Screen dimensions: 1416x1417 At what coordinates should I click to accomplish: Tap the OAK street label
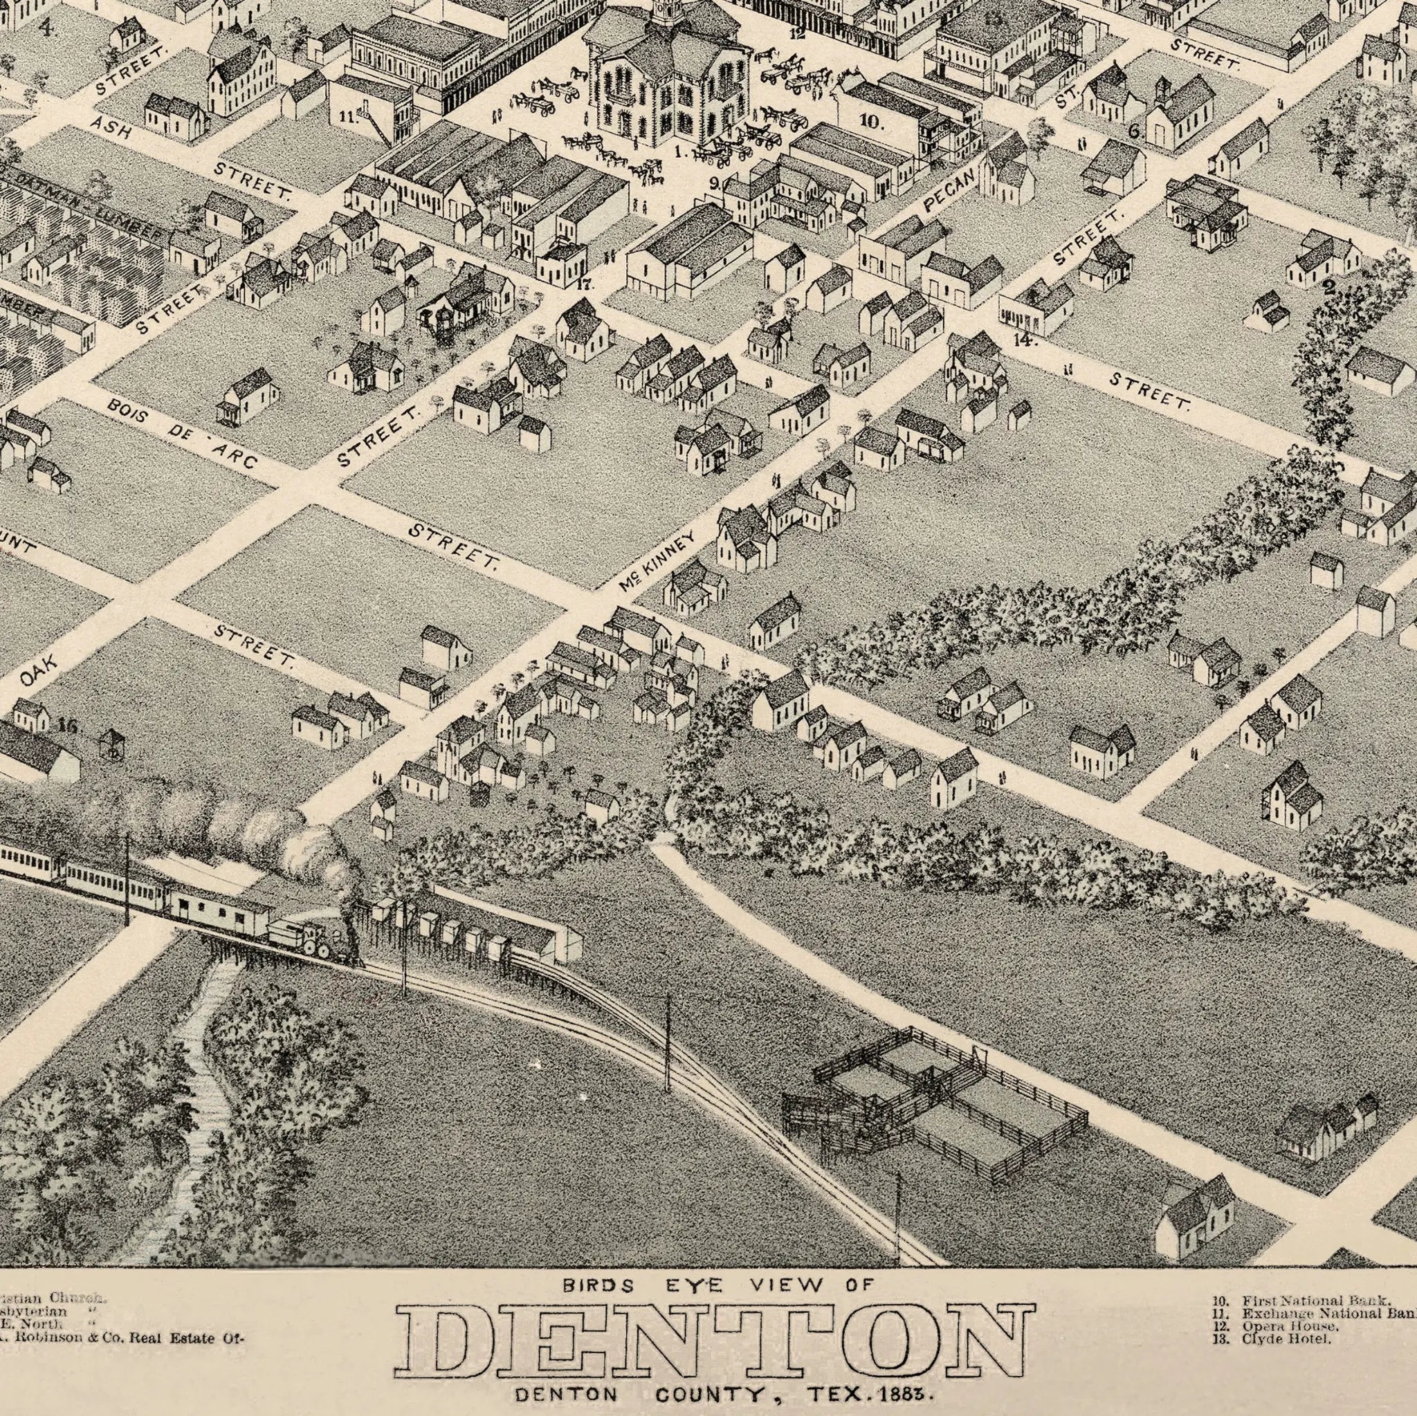[39, 672]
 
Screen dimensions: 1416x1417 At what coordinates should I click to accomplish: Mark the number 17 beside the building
[584, 284]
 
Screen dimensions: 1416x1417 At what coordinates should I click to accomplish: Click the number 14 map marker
[1024, 340]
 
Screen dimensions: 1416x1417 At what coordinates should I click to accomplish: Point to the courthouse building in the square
[664, 81]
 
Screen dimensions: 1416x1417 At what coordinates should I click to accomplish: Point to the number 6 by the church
[1133, 132]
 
